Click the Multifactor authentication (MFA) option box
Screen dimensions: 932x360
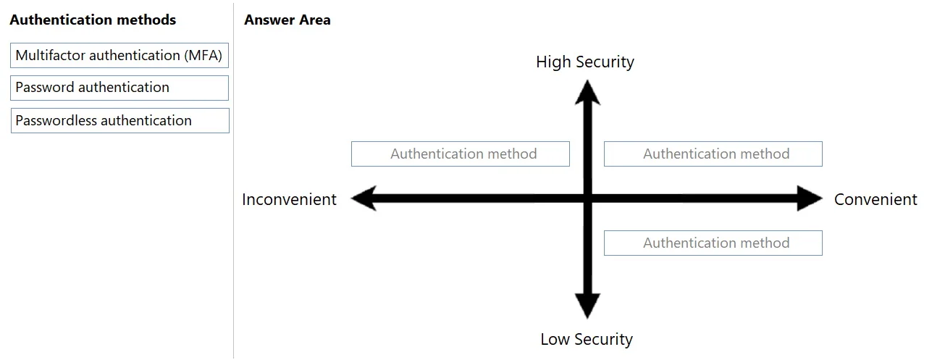tap(119, 55)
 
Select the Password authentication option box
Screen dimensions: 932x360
tap(119, 88)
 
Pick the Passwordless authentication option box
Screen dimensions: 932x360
tap(119, 121)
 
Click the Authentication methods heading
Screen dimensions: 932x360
tap(93, 20)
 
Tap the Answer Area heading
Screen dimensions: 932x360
tap(287, 20)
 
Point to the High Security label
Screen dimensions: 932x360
tap(585, 62)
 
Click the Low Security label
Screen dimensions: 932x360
tap(587, 339)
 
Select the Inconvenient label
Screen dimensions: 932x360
tap(289, 199)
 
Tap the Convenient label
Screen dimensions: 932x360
tap(876, 199)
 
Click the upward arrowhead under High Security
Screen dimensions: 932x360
tap(587, 93)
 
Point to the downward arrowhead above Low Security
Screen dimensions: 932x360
tap(587, 306)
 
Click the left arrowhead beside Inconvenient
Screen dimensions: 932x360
tap(364, 198)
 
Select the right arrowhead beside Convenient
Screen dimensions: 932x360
tap(810, 198)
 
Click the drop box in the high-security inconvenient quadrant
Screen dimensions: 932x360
tap(461, 154)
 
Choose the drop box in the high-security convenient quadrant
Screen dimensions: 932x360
tap(713, 154)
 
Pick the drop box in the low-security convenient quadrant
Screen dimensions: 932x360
tap(713, 243)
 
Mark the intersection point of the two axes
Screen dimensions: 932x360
tap(587, 198)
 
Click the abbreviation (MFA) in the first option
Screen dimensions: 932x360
tap(203, 55)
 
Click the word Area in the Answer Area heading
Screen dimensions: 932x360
tap(315, 20)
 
